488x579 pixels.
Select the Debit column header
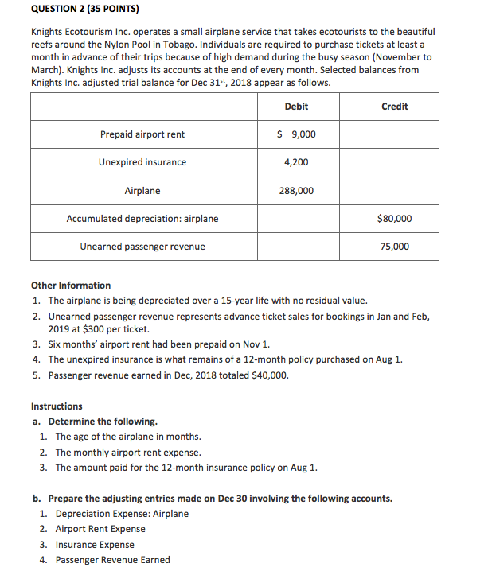point(295,107)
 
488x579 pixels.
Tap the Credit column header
point(395,107)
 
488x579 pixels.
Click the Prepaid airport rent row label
point(142,134)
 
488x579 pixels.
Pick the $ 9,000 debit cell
point(295,134)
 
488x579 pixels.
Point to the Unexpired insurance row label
point(142,162)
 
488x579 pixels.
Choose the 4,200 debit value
point(295,162)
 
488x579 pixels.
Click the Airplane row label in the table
point(142,191)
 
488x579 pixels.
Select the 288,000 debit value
point(295,191)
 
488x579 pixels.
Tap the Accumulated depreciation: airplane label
point(142,219)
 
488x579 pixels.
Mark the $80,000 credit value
point(395,218)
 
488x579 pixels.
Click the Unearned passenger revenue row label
point(142,247)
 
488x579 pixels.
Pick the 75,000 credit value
point(395,247)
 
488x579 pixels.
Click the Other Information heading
point(71,286)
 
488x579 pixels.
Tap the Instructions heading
point(57,406)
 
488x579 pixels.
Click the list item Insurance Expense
point(95,545)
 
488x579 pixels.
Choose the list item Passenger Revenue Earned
point(112,560)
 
